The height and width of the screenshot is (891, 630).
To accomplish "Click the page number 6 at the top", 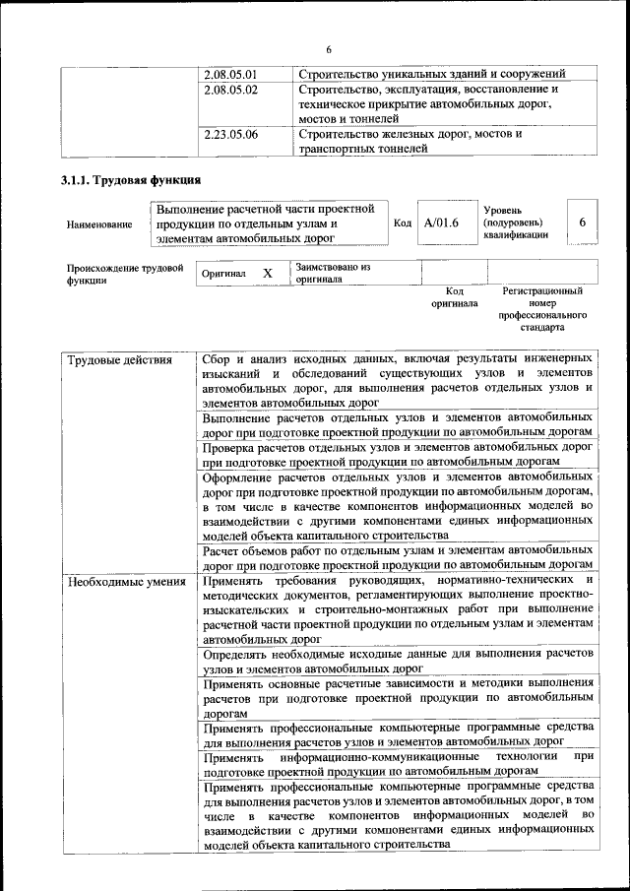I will [329, 49].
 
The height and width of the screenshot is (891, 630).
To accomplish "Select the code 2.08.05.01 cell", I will [229, 74].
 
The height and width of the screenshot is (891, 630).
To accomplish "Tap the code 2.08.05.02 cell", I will [229, 90].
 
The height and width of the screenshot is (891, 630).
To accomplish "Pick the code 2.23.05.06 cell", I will [229, 134].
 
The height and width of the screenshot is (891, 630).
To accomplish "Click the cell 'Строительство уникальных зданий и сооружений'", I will [431, 74].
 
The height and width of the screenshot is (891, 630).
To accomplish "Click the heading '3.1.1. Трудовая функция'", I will [131, 180].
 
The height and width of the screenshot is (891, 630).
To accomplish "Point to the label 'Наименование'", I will [99, 224].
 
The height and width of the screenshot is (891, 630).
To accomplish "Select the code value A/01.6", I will [441, 223].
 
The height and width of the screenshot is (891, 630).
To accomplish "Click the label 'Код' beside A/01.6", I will [403, 223].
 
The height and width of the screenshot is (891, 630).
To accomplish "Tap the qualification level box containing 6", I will [582, 223].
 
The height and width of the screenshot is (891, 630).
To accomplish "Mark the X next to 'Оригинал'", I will [267, 273].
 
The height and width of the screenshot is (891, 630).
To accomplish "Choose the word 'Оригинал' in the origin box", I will [222, 274].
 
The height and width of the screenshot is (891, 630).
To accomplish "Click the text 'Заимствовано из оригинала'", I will [333, 273].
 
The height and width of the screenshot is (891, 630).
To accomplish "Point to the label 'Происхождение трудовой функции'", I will [125, 273].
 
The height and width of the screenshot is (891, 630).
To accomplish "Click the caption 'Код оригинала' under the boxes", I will [454, 297].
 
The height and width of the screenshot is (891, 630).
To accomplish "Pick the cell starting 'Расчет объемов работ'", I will [397, 557].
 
